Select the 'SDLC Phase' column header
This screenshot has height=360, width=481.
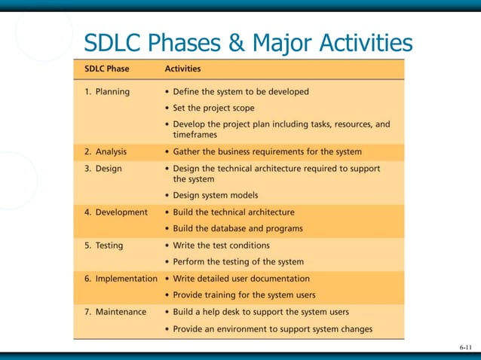pyautogui.click(x=106, y=69)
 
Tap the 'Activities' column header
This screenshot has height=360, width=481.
pyautogui.click(x=182, y=69)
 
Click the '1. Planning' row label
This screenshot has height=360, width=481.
pyautogui.click(x=106, y=92)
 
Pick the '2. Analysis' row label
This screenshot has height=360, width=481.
pyautogui.click(x=106, y=151)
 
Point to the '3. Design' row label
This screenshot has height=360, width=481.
pyautogui.click(x=103, y=169)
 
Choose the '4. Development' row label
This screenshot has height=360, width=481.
pyautogui.click(x=115, y=212)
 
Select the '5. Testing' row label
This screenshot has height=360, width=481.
pyautogui.click(x=103, y=246)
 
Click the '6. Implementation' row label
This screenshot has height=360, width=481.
pyautogui.click(x=121, y=279)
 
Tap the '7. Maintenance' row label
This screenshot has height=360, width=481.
pyautogui.click(x=116, y=312)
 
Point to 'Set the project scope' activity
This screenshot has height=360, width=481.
pyautogui.click(x=213, y=108)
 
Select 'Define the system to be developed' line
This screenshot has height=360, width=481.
pyautogui.click(x=240, y=92)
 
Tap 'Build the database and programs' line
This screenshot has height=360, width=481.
pyautogui.click(x=237, y=228)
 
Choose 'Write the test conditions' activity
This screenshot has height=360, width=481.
pyautogui.click(x=221, y=246)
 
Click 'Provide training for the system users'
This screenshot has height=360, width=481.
pyautogui.click(x=244, y=294)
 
